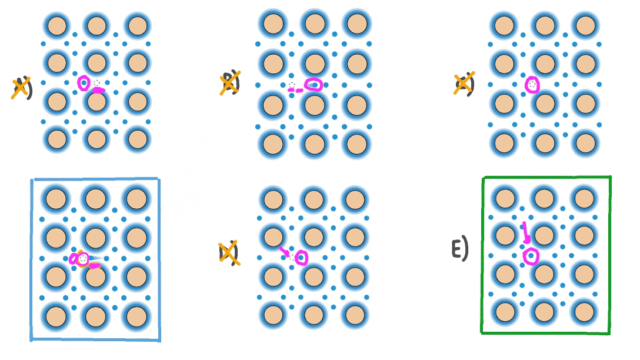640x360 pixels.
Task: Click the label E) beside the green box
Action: pos(459,250)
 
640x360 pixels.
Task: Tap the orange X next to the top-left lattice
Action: pos(21,88)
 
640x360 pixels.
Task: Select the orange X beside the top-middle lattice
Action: pos(229,84)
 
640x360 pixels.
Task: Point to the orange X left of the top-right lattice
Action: pos(464,85)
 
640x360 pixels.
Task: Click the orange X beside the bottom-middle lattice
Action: pos(228,253)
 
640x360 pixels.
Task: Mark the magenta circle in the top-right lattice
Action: pos(532,85)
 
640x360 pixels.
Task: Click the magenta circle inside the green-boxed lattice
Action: pos(531,256)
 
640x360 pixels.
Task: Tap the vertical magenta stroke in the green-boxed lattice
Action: pos(525,232)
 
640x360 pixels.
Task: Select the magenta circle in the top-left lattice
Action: pos(84,83)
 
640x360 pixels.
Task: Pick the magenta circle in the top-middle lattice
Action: pos(314,85)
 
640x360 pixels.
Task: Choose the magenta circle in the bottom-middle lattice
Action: pos(302,258)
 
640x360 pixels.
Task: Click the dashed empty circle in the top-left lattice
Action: pos(96,84)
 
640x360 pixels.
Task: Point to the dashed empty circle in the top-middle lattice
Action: pos(291,86)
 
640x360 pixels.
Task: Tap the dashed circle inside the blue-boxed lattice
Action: pos(83,258)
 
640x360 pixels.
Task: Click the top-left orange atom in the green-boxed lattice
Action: pos(504,196)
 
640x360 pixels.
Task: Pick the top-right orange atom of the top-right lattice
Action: pos(585,25)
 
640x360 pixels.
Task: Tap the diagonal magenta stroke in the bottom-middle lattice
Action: pos(284,252)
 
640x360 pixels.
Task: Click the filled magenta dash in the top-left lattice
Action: pos(98,91)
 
